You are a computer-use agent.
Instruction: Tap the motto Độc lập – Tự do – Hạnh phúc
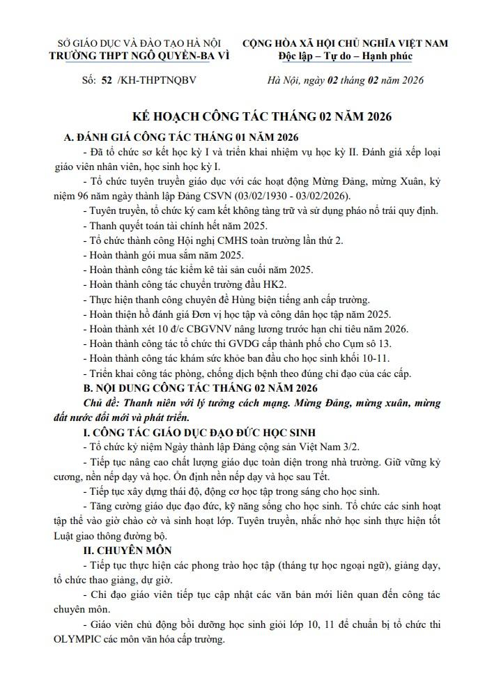pyautogui.click(x=345, y=56)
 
